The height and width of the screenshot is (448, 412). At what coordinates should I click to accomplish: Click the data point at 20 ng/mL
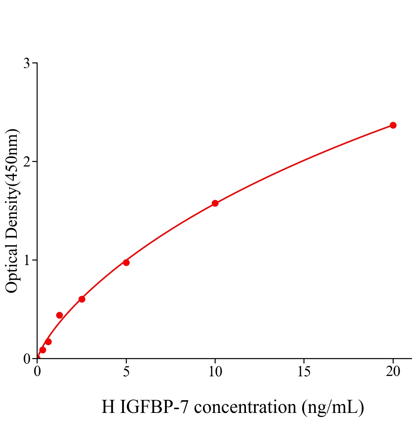[x=393, y=125]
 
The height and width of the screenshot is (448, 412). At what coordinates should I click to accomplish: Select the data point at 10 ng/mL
[x=215, y=203]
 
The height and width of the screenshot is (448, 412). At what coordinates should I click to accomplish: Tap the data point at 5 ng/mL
[x=126, y=262]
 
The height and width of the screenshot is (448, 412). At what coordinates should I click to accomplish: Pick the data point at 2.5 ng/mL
[x=82, y=299]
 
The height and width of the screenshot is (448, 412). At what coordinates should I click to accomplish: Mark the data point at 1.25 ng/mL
[x=59, y=315]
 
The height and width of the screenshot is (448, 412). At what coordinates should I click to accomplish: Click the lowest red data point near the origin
[x=43, y=350]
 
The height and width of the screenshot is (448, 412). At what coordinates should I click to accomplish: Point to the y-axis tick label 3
[x=26, y=63]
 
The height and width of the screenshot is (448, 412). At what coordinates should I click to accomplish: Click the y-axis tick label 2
[x=26, y=162]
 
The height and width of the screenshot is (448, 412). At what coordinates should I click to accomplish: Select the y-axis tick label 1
[x=26, y=260]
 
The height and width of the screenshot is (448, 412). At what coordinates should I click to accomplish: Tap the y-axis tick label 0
[x=26, y=359]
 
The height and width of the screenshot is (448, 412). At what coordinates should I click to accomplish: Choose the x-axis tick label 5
[x=126, y=371]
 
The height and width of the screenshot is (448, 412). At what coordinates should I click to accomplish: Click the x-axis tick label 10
[x=215, y=371]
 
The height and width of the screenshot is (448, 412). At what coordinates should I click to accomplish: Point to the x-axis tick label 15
[x=304, y=371]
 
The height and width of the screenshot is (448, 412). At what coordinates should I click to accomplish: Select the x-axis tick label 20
[x=393, y=371]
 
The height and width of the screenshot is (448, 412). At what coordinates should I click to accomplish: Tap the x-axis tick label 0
[x=37, y=371]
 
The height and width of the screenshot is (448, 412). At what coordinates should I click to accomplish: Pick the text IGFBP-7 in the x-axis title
[x=155, y=407]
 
